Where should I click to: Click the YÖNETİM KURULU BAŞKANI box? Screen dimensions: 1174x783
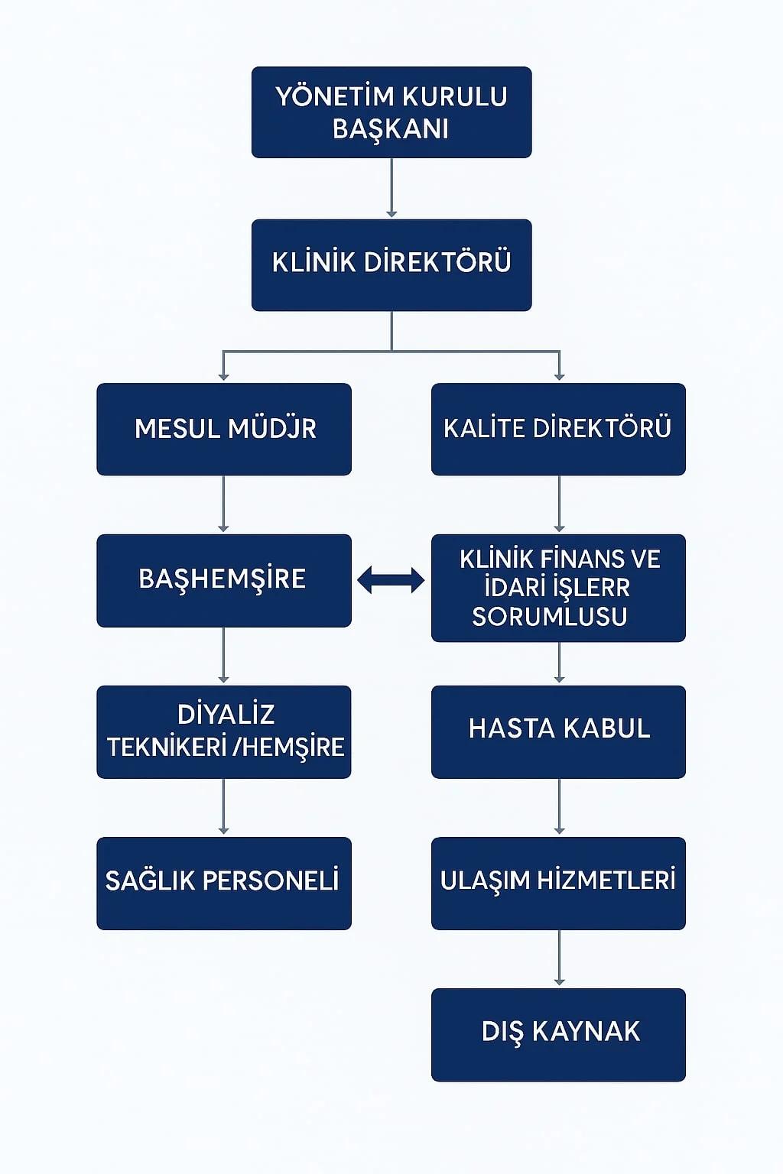click(391, 112)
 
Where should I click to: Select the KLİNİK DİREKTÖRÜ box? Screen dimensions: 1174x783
click(391, 264)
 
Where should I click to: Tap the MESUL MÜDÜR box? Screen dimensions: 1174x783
click(224, 429)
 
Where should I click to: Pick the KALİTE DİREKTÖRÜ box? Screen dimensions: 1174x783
click(558, 429)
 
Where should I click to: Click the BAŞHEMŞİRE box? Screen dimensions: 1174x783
click(224, 580)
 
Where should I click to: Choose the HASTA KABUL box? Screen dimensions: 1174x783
click(558, 731)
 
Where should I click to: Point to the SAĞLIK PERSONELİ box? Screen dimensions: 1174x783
click(224, 883)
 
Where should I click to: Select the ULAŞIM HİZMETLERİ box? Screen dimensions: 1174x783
click(558, 883)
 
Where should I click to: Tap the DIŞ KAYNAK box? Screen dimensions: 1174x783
click(558, 1034)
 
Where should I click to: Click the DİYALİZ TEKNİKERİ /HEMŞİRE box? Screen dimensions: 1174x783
click(224, 731)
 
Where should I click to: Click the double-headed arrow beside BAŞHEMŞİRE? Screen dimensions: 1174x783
click(391, 581)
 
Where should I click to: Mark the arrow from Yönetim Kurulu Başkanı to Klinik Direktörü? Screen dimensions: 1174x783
click(391, 188)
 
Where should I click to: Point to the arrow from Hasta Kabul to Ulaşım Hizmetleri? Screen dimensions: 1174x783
click(559, 807)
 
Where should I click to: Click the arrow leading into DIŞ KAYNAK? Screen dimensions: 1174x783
click(559, 958)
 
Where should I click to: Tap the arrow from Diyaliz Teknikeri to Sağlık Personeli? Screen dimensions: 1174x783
click(223, 807)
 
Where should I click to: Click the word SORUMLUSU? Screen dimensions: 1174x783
click(550, 617)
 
